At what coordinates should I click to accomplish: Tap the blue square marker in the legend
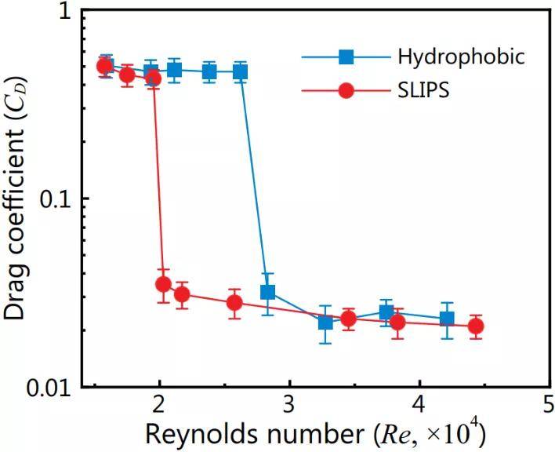[346, 56]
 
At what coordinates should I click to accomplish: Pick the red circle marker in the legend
[346, 89]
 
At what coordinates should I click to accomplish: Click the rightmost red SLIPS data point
[475, 326]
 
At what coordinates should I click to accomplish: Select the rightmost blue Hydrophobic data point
[447, 319]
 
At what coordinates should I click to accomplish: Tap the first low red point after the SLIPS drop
[163, 284]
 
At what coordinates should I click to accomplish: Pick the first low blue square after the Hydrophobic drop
[267, 293]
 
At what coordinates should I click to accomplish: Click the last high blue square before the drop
[241, 72]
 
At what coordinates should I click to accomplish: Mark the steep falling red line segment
[158, 180]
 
